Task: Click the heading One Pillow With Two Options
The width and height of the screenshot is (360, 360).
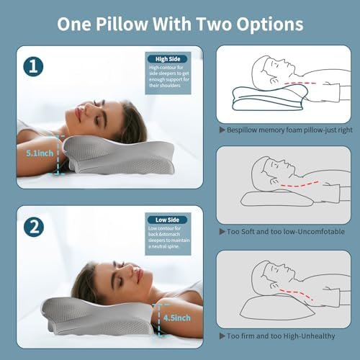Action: point(180,23)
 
